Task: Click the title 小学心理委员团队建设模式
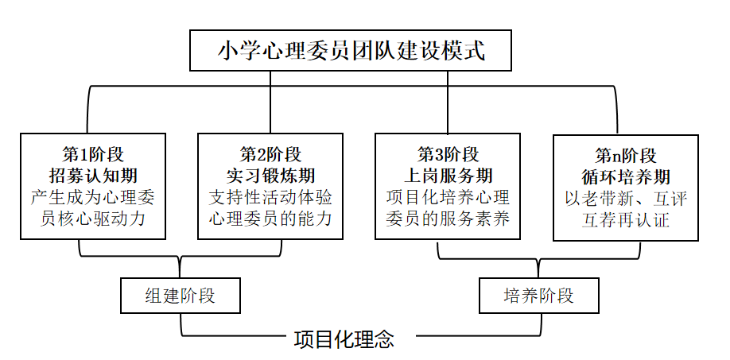[351, 50]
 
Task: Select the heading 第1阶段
[93, 153]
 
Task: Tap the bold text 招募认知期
[93, 176]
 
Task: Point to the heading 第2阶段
[270, 153]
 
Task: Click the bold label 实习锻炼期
[270, 176]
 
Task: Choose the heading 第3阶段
[448, 153]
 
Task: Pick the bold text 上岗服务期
[448, 176]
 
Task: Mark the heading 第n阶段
[626, 155]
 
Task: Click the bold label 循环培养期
[626, 176]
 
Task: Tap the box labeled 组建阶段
[181, 296]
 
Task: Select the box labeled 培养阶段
[539, 296]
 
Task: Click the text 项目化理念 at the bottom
[344, 339]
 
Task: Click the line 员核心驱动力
[93, 218]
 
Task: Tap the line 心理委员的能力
[270, 218]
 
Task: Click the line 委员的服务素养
[448, 218]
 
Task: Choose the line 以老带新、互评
[626, 199]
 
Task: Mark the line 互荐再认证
[626, 219]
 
